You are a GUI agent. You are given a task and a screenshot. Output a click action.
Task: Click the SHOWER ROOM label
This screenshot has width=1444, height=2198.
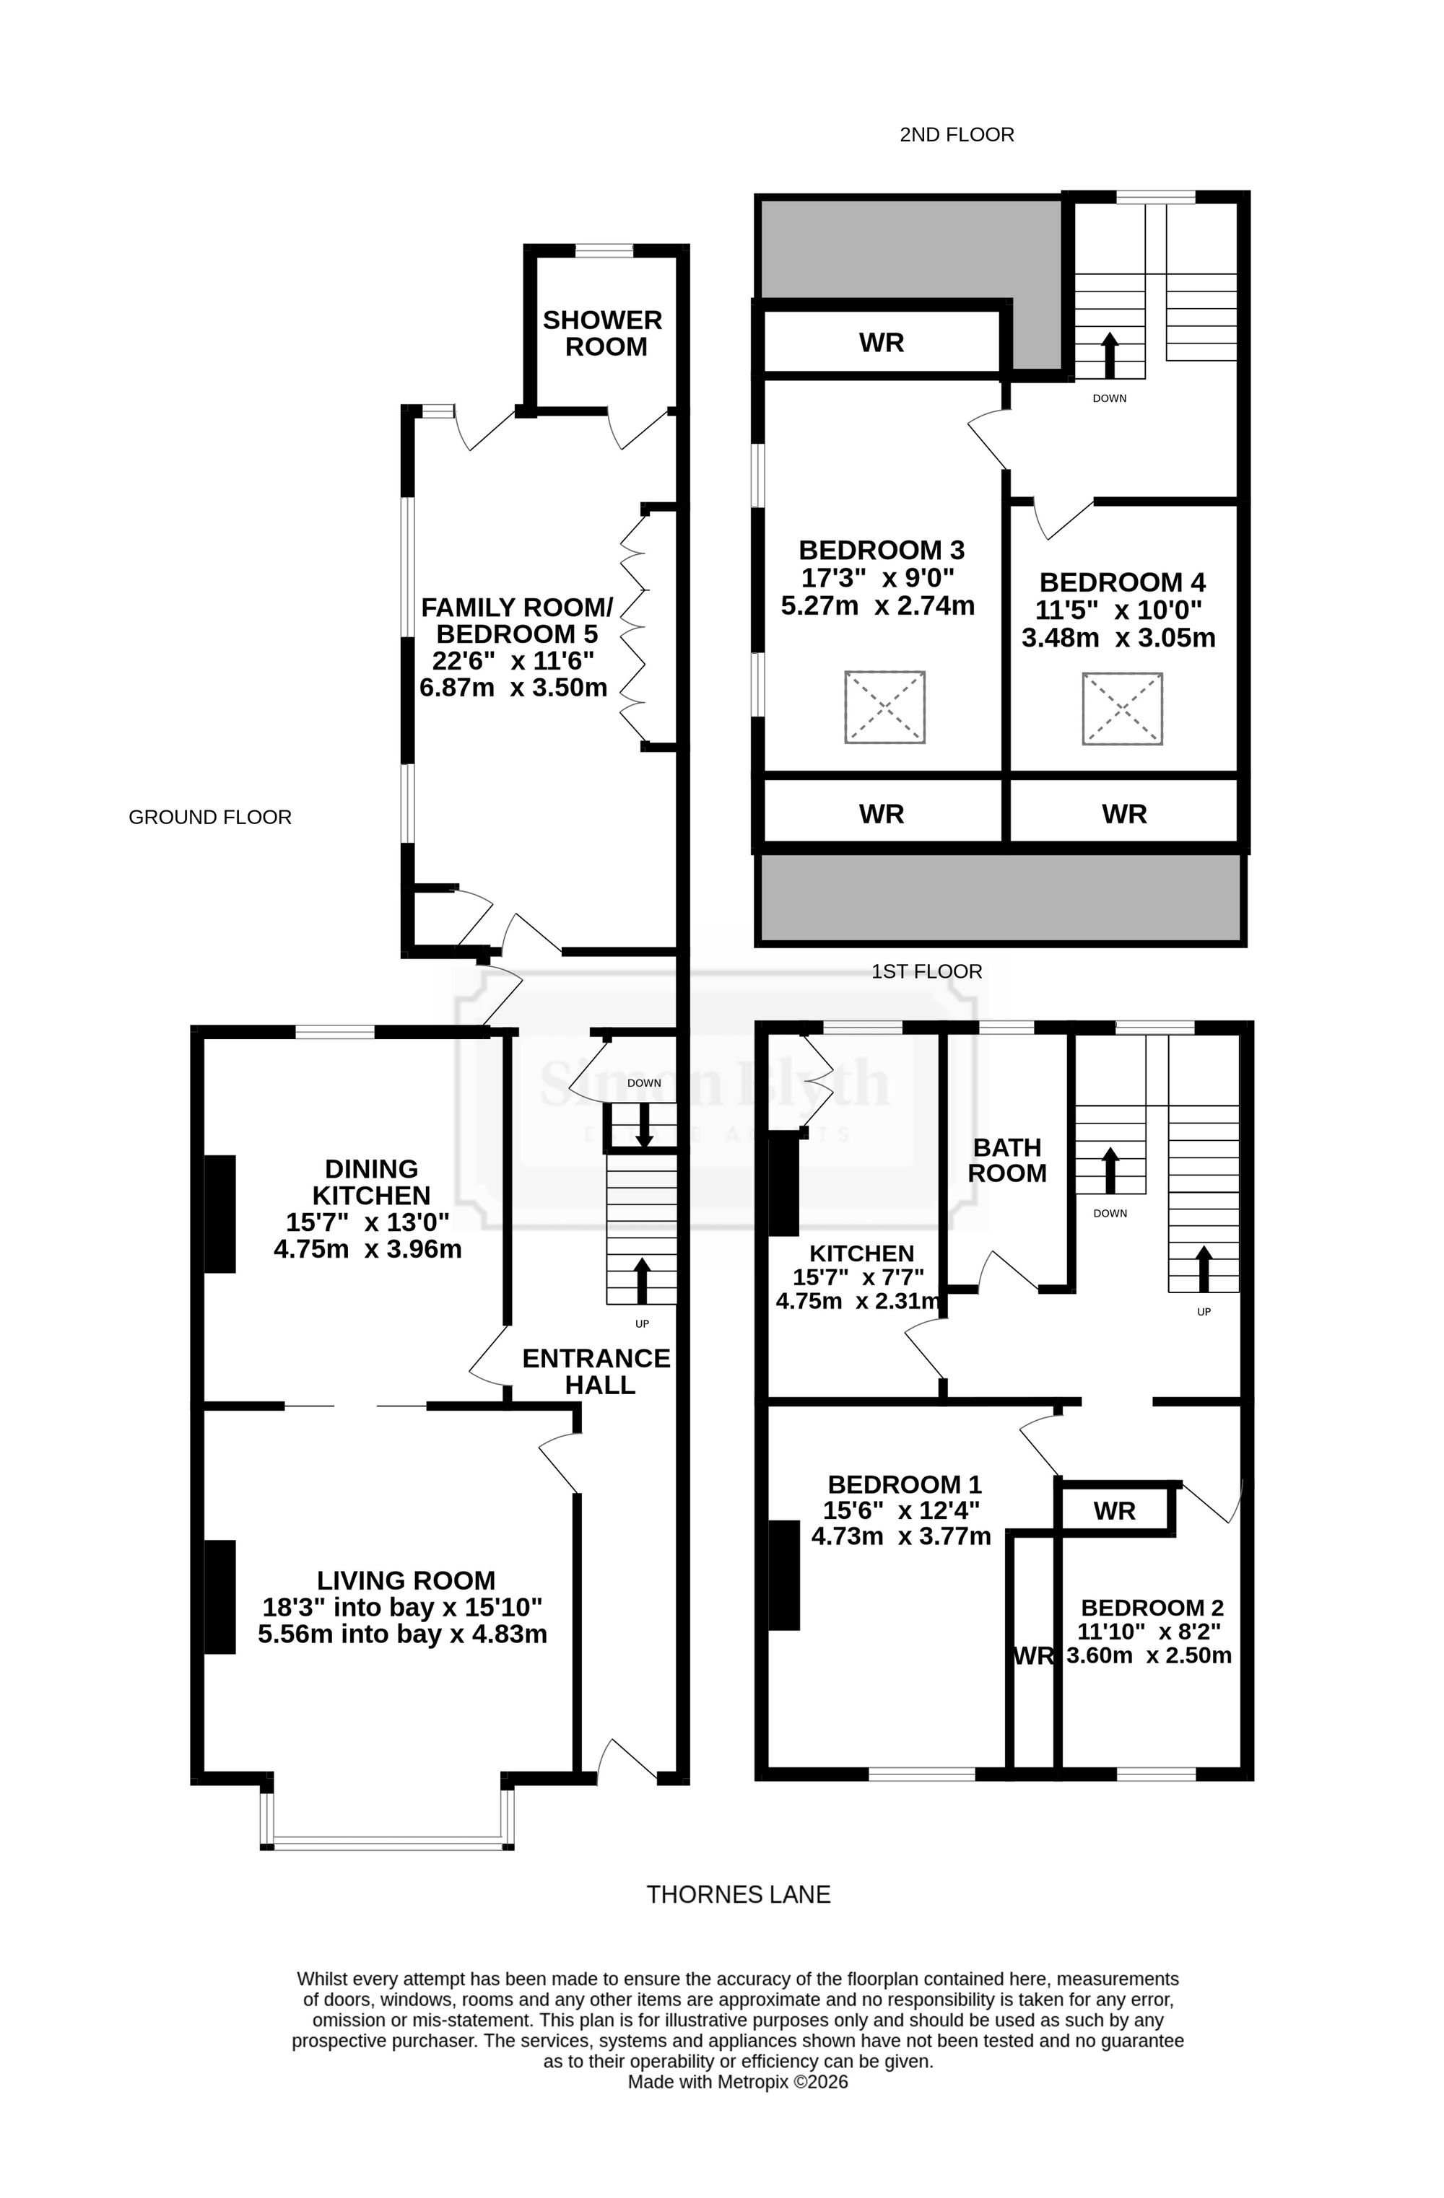click(x=602, y=333)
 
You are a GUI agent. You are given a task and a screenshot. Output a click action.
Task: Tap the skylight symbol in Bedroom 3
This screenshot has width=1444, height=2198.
click(x=884, y=706)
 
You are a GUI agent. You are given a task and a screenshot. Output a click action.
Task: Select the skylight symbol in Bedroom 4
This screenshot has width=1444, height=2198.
click(x=1121, y=709)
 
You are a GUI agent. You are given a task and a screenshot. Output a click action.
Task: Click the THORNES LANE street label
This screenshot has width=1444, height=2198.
click(x=738, y=1894)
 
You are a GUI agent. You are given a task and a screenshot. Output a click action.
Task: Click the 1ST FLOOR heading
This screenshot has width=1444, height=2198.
click(x=926, y=971)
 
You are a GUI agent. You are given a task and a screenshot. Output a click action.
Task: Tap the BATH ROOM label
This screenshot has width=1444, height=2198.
click(x=1007, y=1160)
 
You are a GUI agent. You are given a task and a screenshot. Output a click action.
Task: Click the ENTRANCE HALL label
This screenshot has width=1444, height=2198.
click(x=597, y=1372)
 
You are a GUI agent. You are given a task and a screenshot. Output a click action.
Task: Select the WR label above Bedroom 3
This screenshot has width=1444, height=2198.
click(x=882, y=343)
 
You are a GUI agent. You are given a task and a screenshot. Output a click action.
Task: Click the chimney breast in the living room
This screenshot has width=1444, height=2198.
click(x=219, y=1597)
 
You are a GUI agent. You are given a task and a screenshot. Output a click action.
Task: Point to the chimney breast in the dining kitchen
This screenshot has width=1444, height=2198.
click(x=219, y=1214)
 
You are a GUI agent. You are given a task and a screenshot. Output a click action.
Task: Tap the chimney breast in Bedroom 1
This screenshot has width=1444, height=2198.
click(x=783, y=1575)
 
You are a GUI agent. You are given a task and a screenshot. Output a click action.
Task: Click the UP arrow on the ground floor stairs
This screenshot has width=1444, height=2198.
click(x=642, y=1280)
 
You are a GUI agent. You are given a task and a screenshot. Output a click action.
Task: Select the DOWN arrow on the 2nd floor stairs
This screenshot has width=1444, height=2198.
click(x=1110, y=356)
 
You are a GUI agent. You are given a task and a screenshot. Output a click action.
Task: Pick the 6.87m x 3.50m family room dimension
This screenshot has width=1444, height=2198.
click(x=513, y=687)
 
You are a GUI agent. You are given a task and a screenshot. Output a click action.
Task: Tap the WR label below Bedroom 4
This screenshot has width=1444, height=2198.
click(x=1124, y=814)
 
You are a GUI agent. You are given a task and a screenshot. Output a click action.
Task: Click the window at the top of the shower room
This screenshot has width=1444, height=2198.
click(x=604, y=250)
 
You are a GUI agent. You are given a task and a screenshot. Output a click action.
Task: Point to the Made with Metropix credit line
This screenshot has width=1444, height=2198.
click(x=737, y=2082)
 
